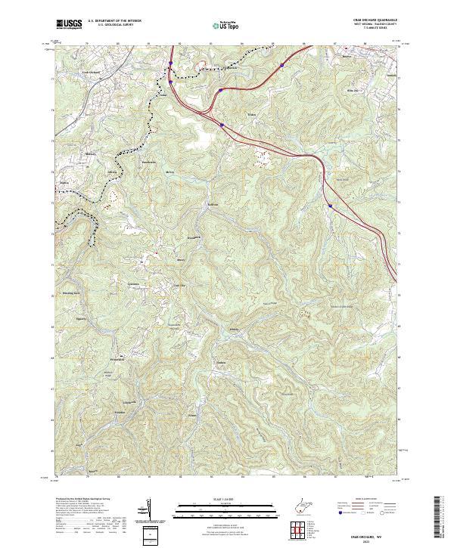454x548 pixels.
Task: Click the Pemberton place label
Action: coord(148,162)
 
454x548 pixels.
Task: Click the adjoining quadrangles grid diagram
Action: coord(299,529)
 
